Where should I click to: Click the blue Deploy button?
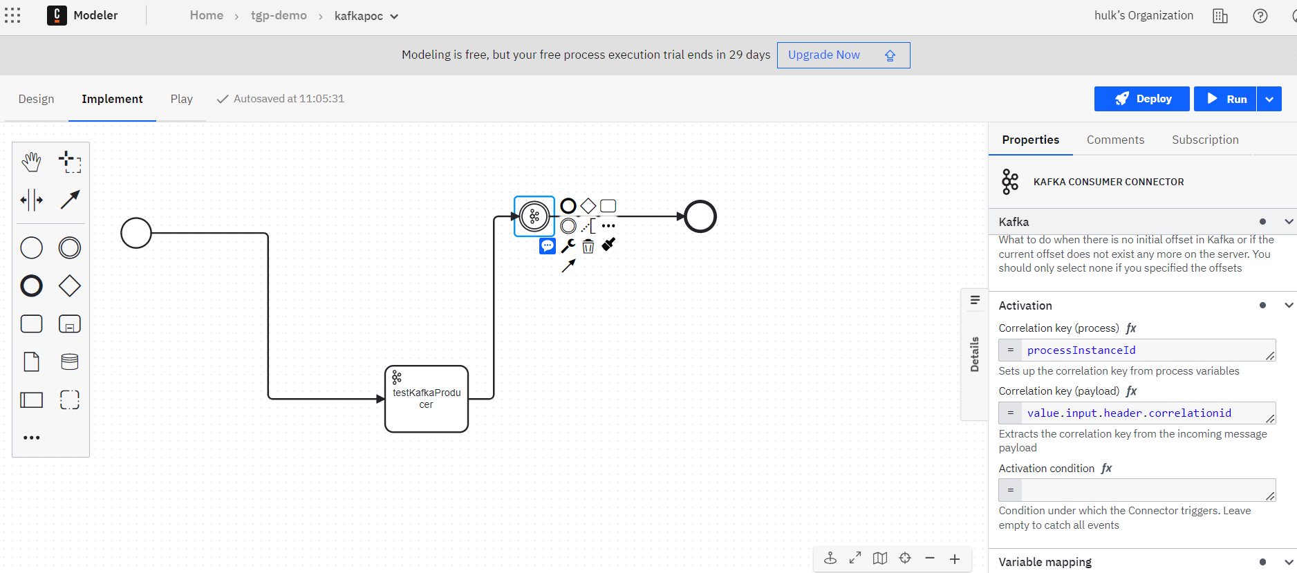1141,99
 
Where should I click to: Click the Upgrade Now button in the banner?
843,55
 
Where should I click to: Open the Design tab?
36,99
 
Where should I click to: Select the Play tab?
182,99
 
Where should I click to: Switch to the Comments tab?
1115,140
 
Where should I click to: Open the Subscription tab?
1205,140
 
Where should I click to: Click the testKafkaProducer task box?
427,399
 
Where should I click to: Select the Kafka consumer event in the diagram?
534,216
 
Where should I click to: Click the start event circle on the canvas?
136,218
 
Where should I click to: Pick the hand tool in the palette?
31,162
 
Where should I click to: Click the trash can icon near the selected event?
588,246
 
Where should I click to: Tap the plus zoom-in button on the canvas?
955,558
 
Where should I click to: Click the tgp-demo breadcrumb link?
279,15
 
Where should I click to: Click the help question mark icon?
1260,16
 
